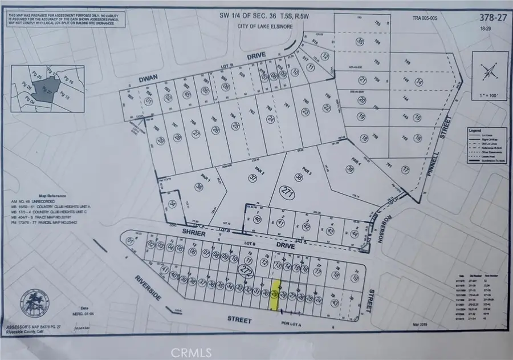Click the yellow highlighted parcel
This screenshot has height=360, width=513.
[x=275, y=295]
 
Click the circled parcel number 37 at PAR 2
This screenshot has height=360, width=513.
[x=253, y=179]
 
